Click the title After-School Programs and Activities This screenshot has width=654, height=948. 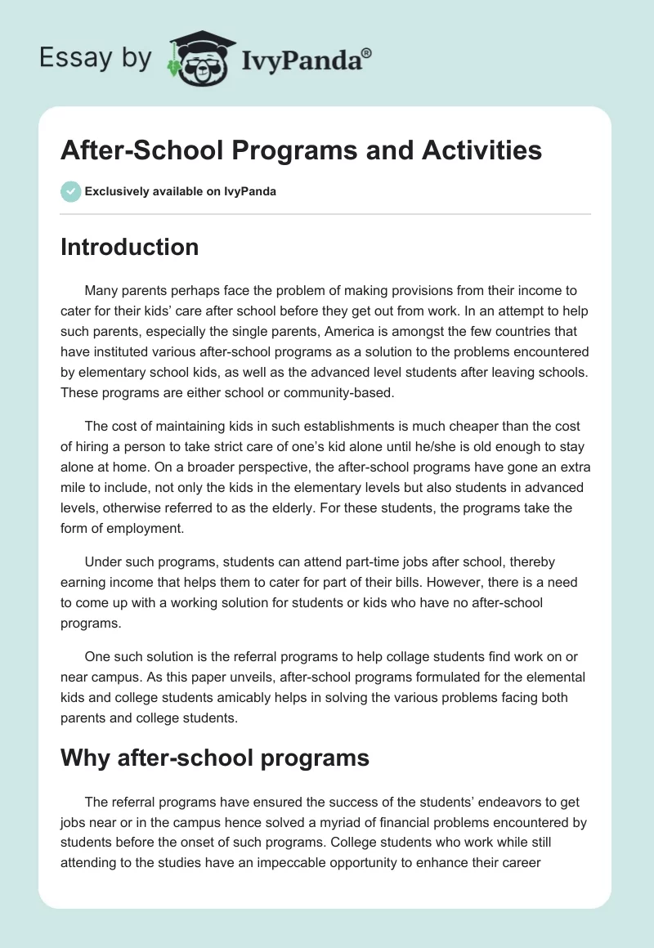pos(301,150)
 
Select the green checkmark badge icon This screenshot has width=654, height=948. pos(70,192)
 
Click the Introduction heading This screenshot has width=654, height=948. pos(129,247)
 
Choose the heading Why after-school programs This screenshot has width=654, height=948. pos(215,758)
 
